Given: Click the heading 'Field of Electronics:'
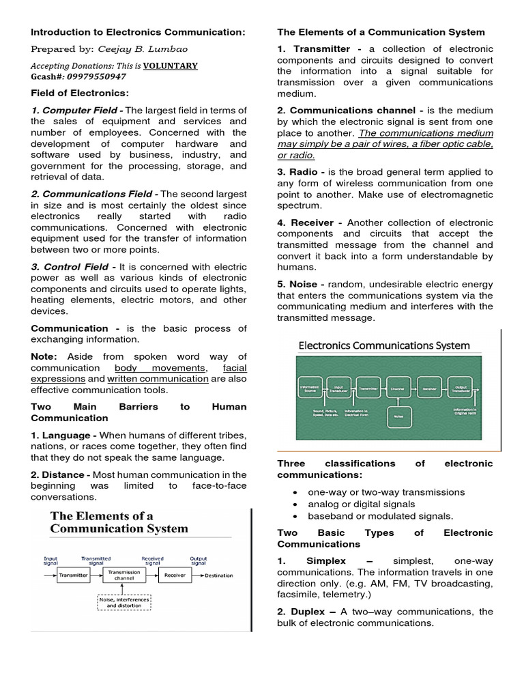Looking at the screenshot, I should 79,93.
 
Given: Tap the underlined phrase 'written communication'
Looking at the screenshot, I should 158,379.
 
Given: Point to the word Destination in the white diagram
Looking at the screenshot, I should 219,575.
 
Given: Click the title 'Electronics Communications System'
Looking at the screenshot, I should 384,345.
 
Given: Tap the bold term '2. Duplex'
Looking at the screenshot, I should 303,612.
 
